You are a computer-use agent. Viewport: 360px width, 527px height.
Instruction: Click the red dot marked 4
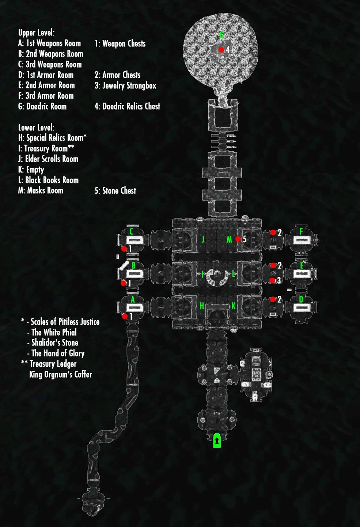[221, 50]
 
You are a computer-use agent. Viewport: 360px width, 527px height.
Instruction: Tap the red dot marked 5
[238, 239]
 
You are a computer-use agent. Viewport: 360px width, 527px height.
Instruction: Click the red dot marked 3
[272, 280]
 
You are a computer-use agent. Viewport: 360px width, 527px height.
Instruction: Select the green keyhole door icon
[217, 440]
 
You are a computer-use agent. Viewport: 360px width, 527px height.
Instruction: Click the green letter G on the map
[221, 35]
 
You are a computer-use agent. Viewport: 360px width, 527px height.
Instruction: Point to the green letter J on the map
[203, 239]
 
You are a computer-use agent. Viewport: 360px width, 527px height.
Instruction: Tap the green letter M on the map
[229, 239]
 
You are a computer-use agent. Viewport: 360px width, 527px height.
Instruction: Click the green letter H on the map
[202, 306]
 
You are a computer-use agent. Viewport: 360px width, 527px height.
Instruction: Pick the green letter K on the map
[233, 306]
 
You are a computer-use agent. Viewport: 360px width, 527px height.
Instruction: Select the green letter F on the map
[301, 231]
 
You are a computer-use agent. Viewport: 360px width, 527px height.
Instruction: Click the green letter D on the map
[301, 299]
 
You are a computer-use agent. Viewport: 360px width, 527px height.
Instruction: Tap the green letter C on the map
[132, 231]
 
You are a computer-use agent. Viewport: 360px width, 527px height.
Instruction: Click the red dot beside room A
[125, 316]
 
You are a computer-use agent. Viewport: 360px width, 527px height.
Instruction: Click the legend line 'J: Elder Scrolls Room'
[48, 159]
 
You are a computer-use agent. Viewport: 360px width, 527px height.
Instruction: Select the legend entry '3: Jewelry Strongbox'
[125, 86]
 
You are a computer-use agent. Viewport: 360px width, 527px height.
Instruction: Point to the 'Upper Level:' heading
[36, 33]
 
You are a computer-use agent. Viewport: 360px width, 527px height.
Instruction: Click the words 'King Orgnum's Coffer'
[61, 374]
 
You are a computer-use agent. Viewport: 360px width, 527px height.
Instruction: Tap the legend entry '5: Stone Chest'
[115, 191]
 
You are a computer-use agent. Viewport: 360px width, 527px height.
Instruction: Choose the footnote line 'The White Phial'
[54, 332]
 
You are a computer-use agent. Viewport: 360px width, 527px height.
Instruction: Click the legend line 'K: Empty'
[31, 169]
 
